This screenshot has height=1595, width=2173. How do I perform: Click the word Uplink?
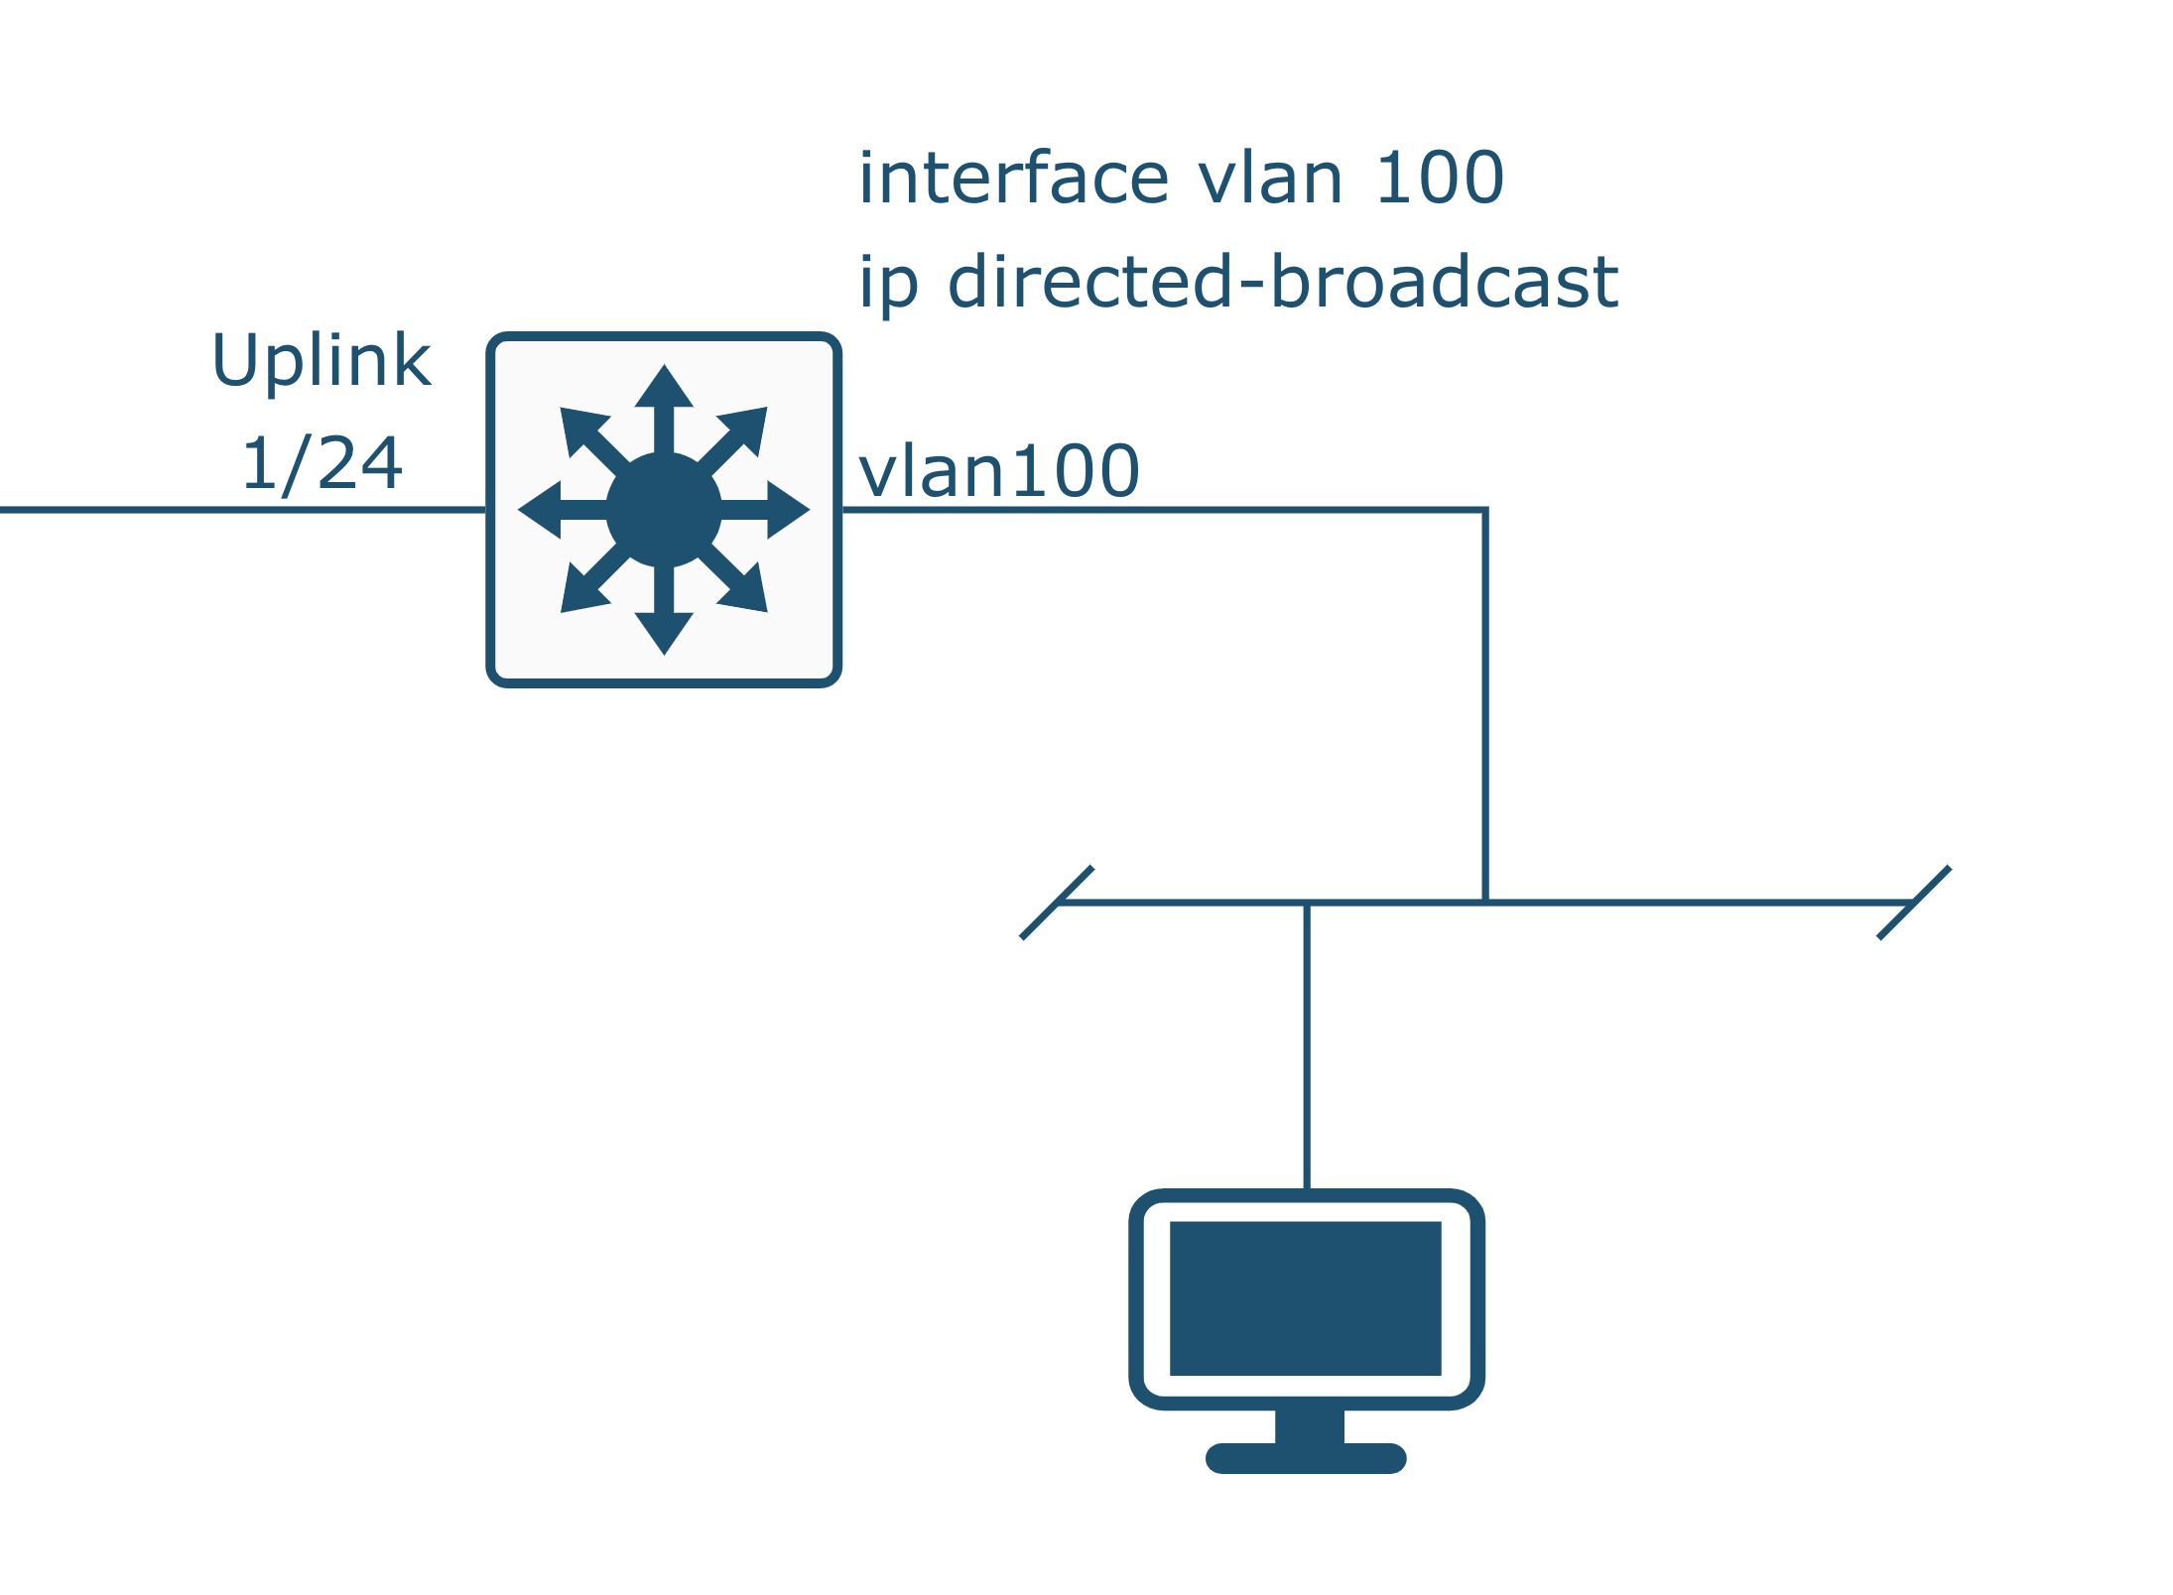click(x=321, y=361)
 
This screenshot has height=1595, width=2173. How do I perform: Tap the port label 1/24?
click(x=321, y=464)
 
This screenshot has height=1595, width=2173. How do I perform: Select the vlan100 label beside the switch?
click(x=998, y=472)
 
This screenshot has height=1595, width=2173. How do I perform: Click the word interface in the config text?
click(x=1013, y=180)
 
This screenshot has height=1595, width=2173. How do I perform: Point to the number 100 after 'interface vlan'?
click(x=1440, y=180)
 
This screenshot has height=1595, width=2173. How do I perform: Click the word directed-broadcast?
click(x=1282, y=283)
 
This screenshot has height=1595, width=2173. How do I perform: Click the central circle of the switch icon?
click(x=664, y=510)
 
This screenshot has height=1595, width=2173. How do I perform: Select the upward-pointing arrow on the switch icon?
click(x=664, y=397)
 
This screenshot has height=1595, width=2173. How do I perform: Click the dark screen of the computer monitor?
click(x=1305, y=1298)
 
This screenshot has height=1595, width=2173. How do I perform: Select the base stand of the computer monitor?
click(x=1306, y=1457)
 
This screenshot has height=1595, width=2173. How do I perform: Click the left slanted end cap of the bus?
click(x=1057, y=903)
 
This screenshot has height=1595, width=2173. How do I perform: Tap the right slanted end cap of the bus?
click(x=1914, y=903)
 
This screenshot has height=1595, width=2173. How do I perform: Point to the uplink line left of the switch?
click(x=243, y=510)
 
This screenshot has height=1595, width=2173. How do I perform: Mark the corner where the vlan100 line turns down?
click(x=1484, y=511)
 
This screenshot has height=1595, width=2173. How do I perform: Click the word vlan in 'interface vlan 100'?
click(x=1270, y=180)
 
